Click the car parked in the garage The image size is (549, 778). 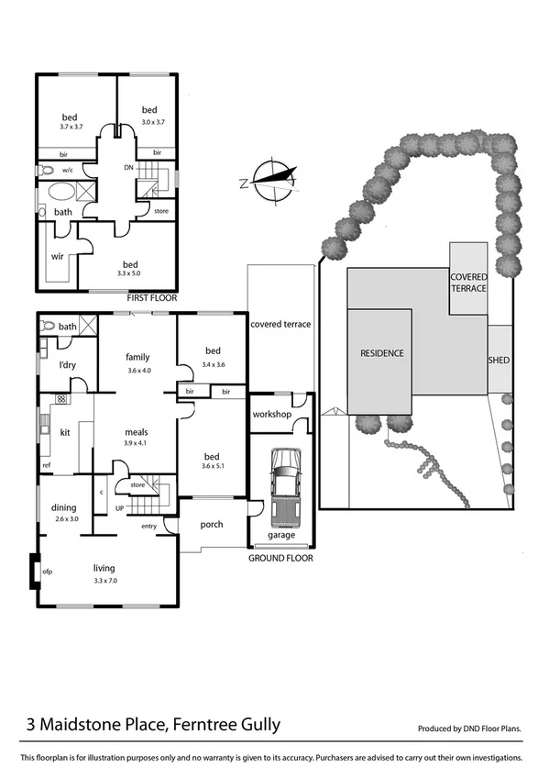(x=283, y=483)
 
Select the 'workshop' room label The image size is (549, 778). (x=271, y=415)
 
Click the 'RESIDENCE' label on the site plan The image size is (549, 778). (x=381, y=353)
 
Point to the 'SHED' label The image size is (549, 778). (x=499, y=361)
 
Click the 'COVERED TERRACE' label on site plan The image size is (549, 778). (x=467, y=282)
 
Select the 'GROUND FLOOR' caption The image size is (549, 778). (x=280, y=558)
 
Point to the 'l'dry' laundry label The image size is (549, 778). (x=67, y=366)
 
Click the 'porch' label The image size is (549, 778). (x=213, y=526)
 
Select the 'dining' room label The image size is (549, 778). (x=64, y=507)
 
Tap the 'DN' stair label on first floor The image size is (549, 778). (x=128, y=169)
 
